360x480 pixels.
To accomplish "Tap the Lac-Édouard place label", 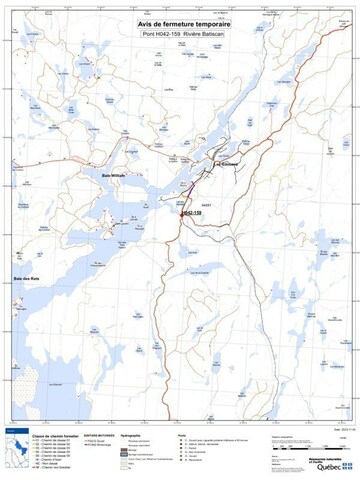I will click(231, 167).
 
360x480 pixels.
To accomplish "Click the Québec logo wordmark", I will click(327, 465).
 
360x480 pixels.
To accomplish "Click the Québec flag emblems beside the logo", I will click(347, 466).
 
